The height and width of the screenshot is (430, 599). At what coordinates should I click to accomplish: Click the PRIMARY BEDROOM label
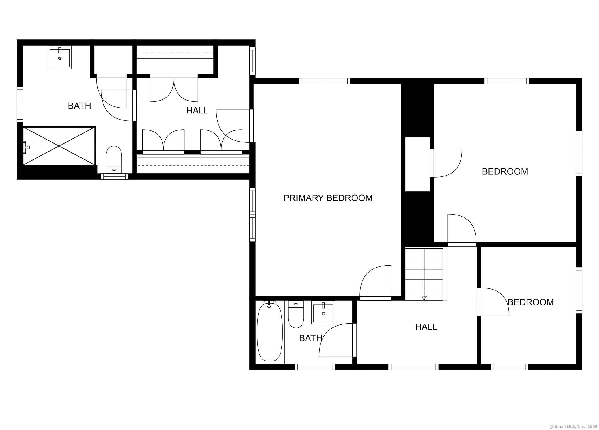click(x=328, y=198)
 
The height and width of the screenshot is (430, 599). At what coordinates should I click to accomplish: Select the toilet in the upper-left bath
click(x=114, y=159)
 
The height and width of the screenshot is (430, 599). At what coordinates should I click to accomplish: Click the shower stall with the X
click(x=59, y=146)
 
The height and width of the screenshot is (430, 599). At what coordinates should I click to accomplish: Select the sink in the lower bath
click(x=323, y=313)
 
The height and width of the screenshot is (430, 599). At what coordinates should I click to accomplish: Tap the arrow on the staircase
click(x=424, y=298)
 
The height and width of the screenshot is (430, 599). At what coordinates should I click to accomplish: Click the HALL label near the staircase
click(x=426, y=327)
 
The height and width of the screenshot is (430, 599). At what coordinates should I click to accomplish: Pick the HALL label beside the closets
click(x=197, y=111)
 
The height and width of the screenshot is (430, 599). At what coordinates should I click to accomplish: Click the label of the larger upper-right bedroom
click(x=505, y=171)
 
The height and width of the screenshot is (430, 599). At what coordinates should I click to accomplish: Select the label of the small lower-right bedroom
click(x=530, y=302)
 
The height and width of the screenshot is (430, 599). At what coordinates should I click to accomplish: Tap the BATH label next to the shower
click(x=79, y=106)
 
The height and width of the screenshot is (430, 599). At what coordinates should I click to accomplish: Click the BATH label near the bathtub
click(x=310, y=338)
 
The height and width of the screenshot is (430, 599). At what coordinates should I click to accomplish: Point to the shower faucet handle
click(x=27, y=147)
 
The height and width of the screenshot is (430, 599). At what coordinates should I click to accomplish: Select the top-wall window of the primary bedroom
click(x=325, y=81)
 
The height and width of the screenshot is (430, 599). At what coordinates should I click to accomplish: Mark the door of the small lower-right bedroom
click(x=494, y=302)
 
